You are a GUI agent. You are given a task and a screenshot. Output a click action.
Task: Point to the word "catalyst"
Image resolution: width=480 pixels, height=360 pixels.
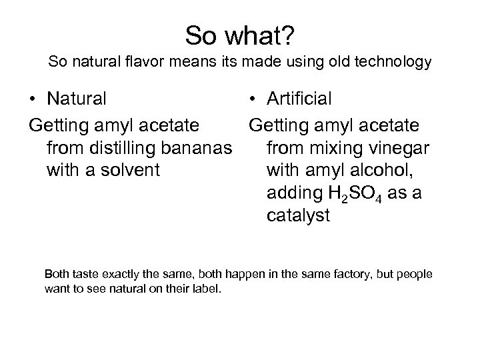click(x=297, y=217)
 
